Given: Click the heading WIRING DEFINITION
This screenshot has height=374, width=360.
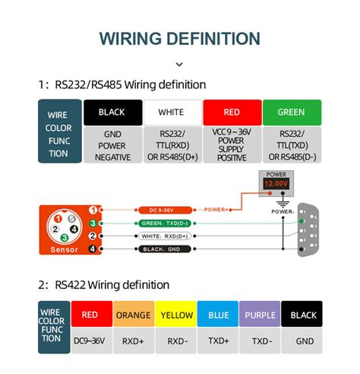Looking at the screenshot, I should pos(179,39).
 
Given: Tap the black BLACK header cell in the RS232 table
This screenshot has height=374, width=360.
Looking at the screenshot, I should pos(112,113).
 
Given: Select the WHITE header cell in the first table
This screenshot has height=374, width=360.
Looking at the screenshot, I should pos(171,113).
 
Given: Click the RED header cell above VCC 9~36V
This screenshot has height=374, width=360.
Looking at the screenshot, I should pos(231,113).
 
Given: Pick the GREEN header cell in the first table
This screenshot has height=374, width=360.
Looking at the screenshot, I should pos(291,113).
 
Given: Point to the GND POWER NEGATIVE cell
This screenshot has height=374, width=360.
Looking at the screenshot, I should pos(112,144).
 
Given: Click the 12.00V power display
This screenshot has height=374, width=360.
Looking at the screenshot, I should pos(275,183).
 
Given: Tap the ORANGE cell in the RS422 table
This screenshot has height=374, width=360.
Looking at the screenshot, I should pos(133,315).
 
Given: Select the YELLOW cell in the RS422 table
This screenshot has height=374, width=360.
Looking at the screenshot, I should pos(175,315).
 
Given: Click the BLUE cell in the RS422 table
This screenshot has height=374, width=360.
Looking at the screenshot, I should pos(218,315).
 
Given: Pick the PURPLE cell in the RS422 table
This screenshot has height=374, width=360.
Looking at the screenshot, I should pos(261,315).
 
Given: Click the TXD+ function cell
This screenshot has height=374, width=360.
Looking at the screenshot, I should pos(218,341).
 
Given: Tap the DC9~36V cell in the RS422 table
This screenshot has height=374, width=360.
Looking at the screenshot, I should pos(90,341).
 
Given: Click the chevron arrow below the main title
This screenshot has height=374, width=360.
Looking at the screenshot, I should pos(179,65).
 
